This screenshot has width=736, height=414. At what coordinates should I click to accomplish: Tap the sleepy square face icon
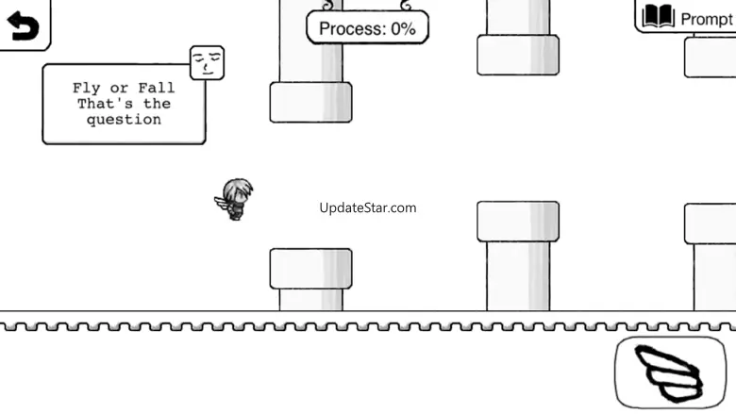(207, 63)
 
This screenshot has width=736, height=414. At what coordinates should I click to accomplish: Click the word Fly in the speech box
(86, 89)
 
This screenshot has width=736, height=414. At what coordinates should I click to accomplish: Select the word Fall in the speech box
(157, 89)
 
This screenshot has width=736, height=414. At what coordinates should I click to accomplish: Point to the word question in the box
(124, 120)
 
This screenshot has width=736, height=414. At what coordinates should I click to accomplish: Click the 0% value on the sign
(403, 28)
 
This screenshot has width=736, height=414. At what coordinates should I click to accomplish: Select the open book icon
(659, 17)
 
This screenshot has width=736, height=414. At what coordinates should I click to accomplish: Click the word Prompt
(706, 19)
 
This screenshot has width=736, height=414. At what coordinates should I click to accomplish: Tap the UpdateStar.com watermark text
(367, 207)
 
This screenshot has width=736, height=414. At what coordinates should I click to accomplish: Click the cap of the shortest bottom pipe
(310, 269)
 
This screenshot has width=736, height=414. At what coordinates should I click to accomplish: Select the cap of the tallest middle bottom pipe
(518, 222)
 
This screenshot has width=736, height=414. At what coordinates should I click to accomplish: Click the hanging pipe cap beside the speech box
(310, 102)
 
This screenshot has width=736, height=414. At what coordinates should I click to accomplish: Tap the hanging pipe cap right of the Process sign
(518, 55)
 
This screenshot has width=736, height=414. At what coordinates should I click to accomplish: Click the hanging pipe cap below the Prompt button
(710, 58)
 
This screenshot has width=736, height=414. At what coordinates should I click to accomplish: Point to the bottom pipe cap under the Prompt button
(710, 224)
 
